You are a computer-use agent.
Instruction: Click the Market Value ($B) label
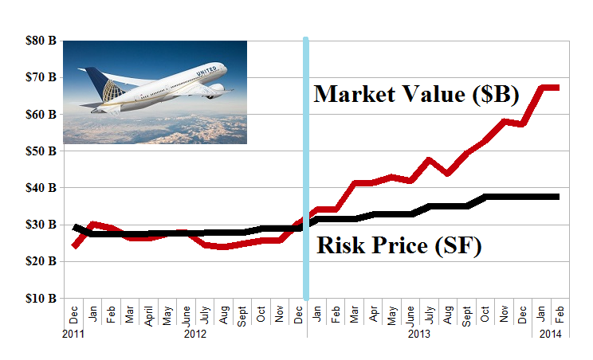coord(416,94)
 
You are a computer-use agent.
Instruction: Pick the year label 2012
coord(195,335)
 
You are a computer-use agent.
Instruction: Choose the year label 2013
coord(420,335)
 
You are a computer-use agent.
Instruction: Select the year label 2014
coord(551,335)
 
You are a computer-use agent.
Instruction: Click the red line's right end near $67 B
coord(557,87)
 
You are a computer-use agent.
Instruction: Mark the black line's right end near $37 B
coord(557,197)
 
